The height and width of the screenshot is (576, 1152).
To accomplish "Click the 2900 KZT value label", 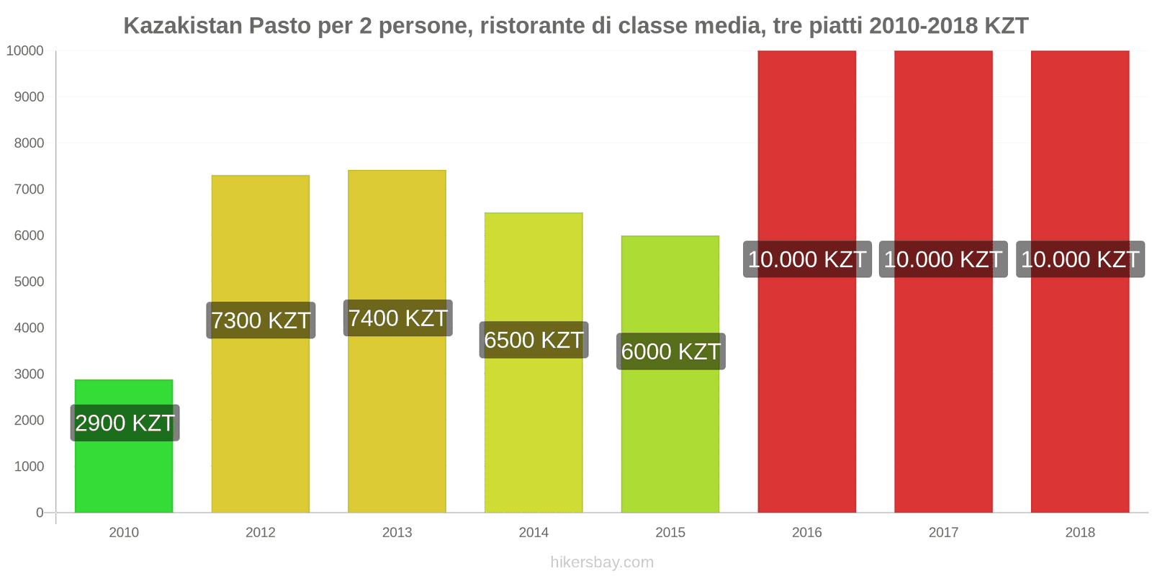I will point(125,423).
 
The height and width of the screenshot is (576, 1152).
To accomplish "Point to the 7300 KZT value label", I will point(261,320).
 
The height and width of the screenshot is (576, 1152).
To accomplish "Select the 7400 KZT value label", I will point(397,318).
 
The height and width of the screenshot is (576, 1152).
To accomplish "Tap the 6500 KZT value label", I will point(534,340).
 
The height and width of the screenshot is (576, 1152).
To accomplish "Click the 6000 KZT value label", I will point(670,351).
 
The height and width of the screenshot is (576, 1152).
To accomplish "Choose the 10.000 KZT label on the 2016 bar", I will point(806,259).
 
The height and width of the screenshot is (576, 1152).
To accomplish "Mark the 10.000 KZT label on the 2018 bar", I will point(1080,259).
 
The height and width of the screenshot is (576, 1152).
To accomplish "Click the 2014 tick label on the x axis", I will point(534,533).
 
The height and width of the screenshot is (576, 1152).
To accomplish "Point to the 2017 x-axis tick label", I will point(943,533).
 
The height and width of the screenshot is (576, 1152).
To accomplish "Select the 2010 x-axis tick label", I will point(124,533).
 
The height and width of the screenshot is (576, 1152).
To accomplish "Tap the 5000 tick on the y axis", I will point(30,282).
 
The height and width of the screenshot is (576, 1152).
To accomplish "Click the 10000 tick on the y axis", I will point(25,51).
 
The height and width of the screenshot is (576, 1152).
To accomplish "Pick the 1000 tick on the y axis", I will point(30,467).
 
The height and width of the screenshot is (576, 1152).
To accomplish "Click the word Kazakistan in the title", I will point(183,26).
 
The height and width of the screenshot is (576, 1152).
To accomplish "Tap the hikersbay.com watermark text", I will point(602,562).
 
